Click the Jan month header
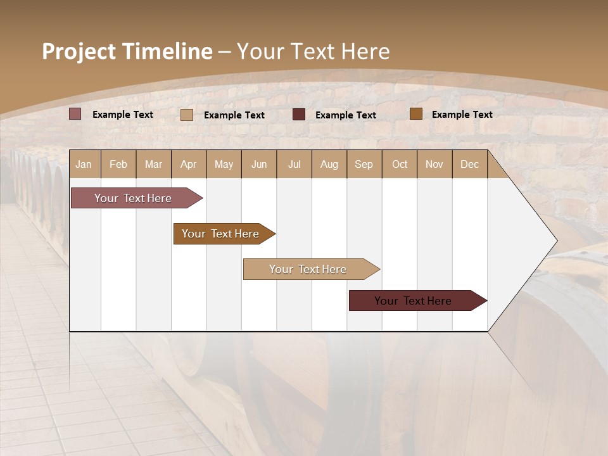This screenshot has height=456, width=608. coord(84,164)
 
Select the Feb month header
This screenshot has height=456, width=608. coord(118,164)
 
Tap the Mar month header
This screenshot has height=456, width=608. coord(153,164)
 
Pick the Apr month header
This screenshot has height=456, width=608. coord(189,164)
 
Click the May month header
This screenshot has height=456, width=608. coord(224,164)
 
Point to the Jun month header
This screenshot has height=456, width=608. coord(259,164)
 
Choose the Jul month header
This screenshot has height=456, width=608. coord(294,164)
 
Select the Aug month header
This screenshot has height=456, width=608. coord(329,164)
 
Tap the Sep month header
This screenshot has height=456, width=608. coord(364,164)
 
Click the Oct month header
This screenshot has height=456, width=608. coord(400,164)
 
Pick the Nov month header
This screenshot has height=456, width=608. coord(434,164)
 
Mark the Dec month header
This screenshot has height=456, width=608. coord(470,164)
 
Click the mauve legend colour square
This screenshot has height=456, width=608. coord(75,114)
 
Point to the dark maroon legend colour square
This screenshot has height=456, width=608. coord(299,114)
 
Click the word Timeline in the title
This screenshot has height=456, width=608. coord(167,51)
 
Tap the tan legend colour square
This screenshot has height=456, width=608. coord(187,115)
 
